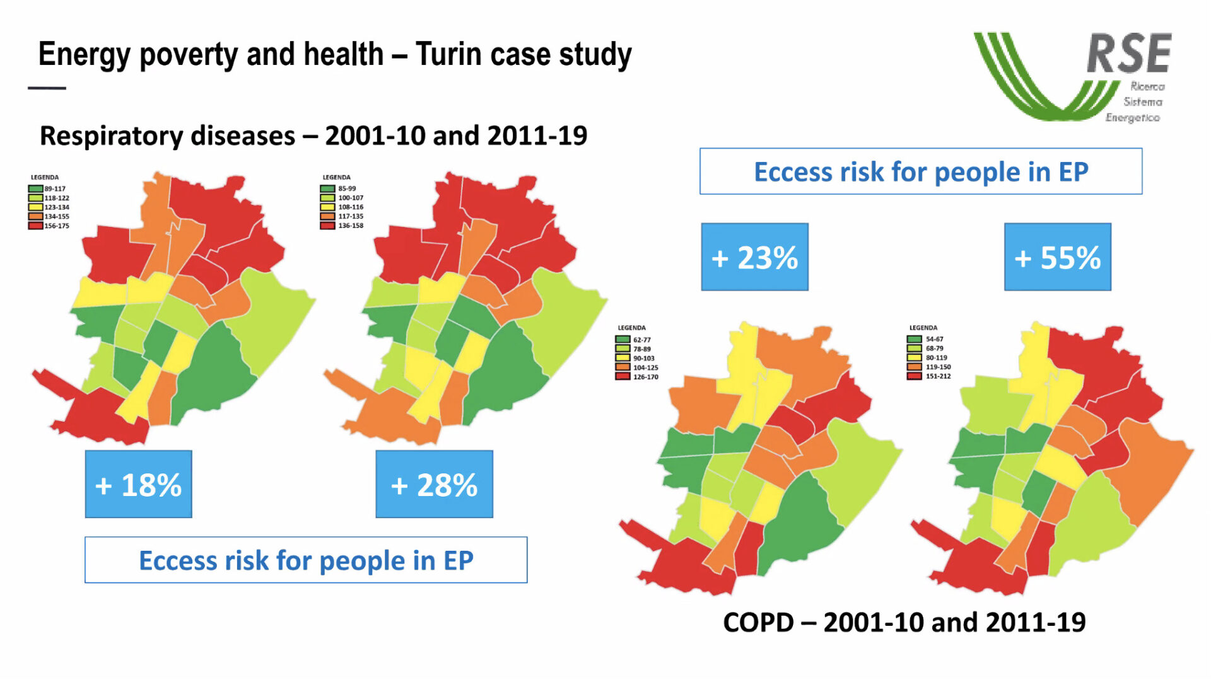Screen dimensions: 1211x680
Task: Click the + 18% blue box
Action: [139, 484]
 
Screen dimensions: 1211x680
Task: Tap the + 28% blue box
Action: [435, 484]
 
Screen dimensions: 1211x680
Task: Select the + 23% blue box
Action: [755, 256]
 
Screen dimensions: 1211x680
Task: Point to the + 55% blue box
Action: [1058, 256]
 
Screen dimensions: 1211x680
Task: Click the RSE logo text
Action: [1129, 54]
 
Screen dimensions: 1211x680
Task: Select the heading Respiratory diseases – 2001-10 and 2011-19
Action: [313, 135]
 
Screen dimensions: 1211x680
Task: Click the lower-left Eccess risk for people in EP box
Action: [306, 560]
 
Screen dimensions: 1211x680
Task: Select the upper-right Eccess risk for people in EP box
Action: [921, 171]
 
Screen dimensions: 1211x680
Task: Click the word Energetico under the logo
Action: [1133, 118]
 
